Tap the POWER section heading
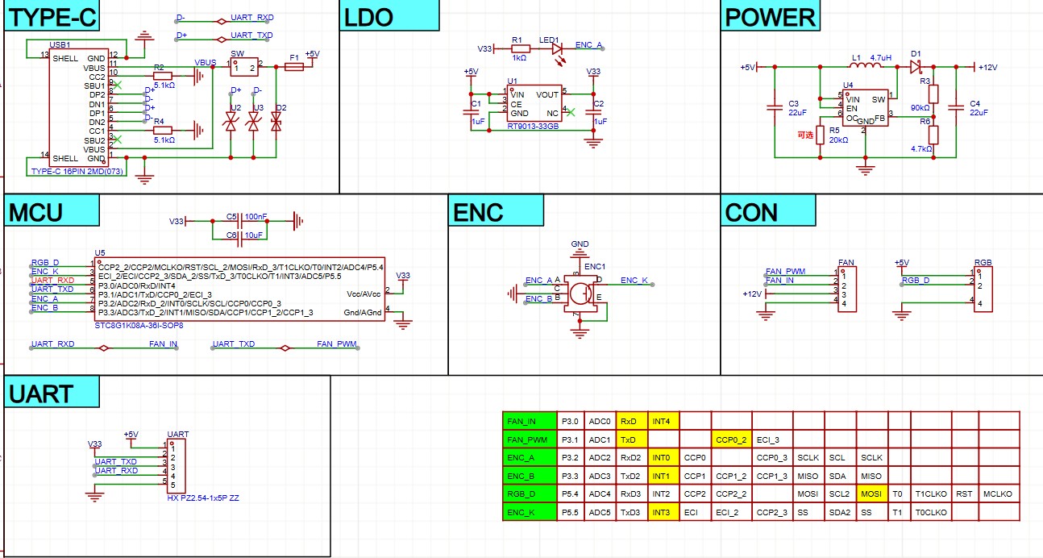click(x=770, y=17)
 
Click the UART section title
click(x=41, y=394)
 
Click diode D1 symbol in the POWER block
click(x=916, y=67)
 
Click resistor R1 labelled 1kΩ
click(x=519, y=48)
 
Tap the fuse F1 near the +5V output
click(x=294, y=68)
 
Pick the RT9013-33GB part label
click(x=533, y=127)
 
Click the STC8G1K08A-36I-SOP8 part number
click(x=139, y=326)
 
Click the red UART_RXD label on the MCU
click(x=52, y=280)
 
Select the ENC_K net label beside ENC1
click(x=634, y=281)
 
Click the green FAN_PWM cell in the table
click(x=529, y=439)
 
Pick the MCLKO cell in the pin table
click(x=997, y=493)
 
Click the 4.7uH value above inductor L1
click(x=881, y=58)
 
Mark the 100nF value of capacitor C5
click(x=257, y=217)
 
